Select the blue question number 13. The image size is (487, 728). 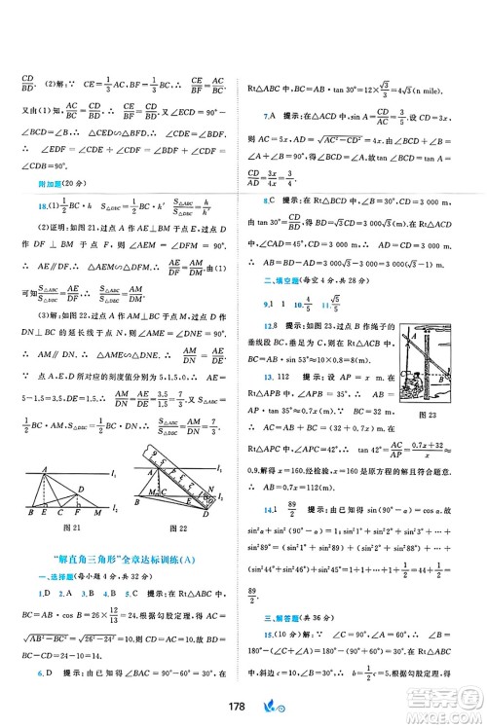coord(269,375)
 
